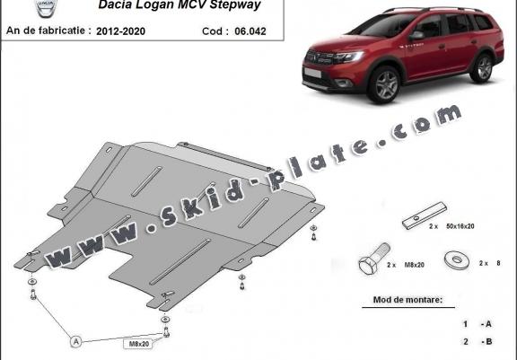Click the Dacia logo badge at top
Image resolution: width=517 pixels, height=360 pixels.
pos(46,8)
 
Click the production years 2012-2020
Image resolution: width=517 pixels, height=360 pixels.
pos(120,31)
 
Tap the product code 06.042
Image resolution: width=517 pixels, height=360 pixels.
pos(250,31)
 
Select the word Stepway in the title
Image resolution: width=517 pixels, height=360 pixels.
pos(235,5)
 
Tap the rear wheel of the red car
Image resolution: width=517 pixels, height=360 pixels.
pos(483,68)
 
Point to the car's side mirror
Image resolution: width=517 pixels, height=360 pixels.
pos(416,36)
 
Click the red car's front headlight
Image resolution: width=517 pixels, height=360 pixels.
pos(349,57)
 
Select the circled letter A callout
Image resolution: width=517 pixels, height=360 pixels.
pos(76,341)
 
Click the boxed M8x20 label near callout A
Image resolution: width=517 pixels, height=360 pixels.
pos(139,344)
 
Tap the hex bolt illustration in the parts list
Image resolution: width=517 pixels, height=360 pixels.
pos(372,259)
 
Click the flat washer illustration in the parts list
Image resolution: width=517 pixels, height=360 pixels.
pos(457,259)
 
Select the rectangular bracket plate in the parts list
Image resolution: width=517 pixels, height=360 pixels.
pos(425,215)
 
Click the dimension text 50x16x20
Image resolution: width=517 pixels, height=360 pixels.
pos(460,226)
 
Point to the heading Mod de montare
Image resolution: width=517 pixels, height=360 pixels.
pos(407,300)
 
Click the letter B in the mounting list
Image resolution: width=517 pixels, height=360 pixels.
pos(488,341)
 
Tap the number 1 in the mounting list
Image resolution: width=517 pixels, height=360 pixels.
pos(465,324)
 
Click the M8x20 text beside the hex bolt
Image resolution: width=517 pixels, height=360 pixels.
pos(414,265)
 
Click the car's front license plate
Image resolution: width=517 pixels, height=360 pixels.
pos(312,73)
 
